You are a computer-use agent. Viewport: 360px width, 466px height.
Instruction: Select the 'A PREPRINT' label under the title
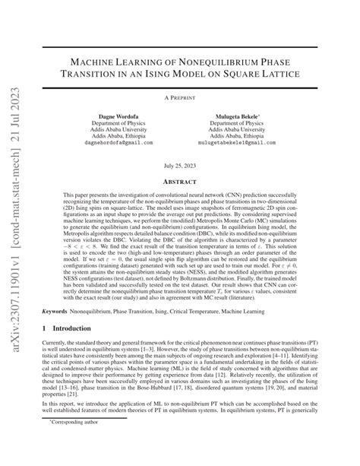(179, 99)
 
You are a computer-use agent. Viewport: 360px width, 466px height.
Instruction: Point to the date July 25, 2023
(179, 165)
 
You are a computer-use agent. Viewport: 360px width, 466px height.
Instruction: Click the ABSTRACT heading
(179, 181)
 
